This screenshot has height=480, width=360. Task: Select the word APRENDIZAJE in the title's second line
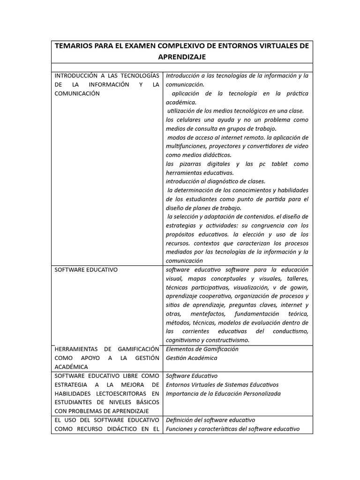tap(182, 57)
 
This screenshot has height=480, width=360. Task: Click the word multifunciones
tap(186, 146)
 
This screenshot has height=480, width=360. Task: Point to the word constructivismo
tap(227, 340)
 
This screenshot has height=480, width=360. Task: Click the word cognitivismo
tap(183, 340)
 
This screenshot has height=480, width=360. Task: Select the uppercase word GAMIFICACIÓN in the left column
tap(136, 349)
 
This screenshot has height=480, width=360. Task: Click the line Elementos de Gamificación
tap(202, 349)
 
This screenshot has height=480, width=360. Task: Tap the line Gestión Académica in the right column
tap(191, 358)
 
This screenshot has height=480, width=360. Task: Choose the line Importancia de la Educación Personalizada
tap(223, 394)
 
